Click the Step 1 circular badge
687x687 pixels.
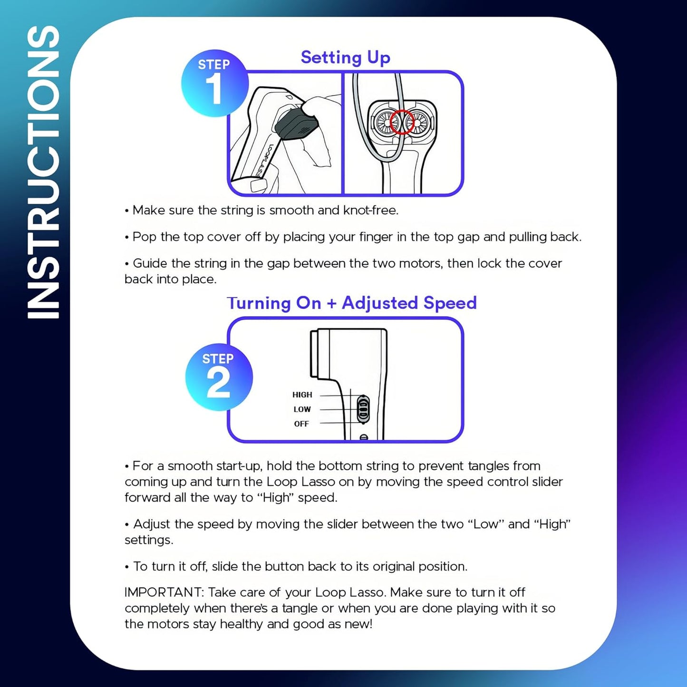[214, 83]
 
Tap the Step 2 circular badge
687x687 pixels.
[219, 377]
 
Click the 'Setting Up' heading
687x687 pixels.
[346, 57]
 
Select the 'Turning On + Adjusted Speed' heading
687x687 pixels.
[352, 303]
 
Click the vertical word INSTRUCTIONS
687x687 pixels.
[44, 171]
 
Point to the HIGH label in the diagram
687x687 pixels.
[302, 395]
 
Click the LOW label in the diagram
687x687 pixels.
[302, 409]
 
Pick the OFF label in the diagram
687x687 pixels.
[301, 424]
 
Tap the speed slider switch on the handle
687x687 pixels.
[363, 409]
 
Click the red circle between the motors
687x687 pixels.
[402, 122]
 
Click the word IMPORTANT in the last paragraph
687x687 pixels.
[164, 592]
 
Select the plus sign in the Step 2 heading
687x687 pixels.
[331, 303]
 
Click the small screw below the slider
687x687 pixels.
[364, 437]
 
